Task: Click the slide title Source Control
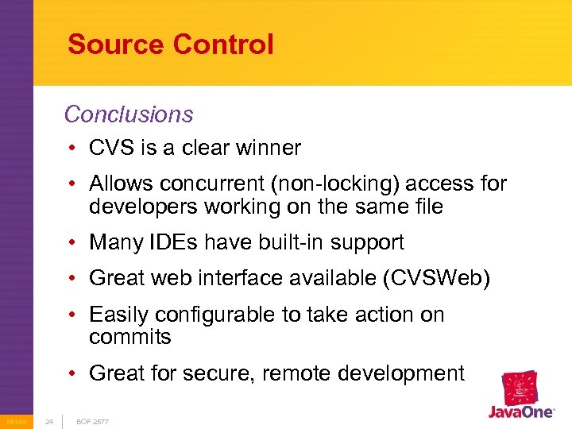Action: [x=170, y=44]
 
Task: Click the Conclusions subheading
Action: [x=129, y=114]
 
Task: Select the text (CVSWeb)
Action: [x=442, y=279]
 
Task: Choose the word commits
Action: [x=129, y=337]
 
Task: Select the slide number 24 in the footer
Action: [x=48, y=421]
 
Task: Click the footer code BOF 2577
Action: [x=92, y=421]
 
